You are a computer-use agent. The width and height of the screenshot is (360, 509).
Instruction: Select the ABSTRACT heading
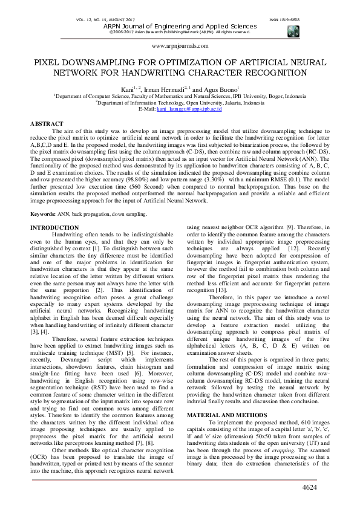pyautogui.click(x=47, y=123)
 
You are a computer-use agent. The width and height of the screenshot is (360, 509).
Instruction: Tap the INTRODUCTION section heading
pyautogui.click(x=54, y=210)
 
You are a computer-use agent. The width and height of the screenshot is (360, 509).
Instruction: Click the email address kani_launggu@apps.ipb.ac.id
pyautogui.click(x=189, y=109)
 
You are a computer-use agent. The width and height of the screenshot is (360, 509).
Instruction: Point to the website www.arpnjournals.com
pyautogui.click(x=180, y=45)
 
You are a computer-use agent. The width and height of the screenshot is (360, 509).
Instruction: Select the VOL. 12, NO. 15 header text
pyautogui.click(x=99, y=19)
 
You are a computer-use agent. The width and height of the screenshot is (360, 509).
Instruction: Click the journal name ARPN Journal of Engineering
pyautogui.click(x=180, y=26)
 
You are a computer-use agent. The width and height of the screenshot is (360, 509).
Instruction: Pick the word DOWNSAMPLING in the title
pyautogui.click(x=97, y=62)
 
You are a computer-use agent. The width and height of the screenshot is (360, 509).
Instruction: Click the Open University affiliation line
pyautogui.click(x=180, y=102)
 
